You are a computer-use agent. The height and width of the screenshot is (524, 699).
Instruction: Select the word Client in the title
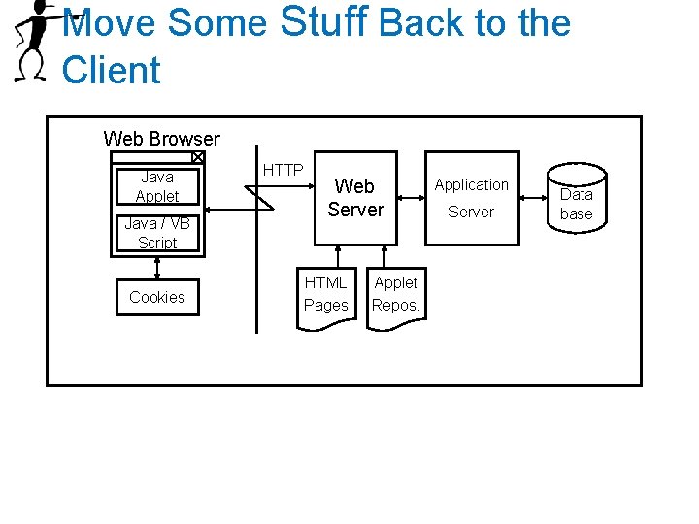[111, 70]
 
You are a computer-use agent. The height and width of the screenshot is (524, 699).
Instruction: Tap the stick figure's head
[42, 11]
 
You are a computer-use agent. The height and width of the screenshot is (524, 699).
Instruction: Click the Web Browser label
[161, 139]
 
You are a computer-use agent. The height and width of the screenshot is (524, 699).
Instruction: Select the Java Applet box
[156, 186]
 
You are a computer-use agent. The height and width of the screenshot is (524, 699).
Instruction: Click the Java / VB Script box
[156, 233]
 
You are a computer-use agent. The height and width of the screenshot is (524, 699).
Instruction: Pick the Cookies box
[156, 297]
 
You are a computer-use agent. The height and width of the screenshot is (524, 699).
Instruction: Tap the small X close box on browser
[197, 157]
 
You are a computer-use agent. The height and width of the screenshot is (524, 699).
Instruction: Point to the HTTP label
[283, 170]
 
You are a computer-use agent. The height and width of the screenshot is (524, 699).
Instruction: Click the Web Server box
[355, 198]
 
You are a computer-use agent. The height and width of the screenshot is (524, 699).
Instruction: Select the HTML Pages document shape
[326, 295]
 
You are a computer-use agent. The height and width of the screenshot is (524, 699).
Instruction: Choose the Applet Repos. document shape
[396, 295]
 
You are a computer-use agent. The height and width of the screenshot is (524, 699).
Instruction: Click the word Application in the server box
[471, 184]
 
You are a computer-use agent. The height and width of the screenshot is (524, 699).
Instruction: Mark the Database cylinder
[576, 202]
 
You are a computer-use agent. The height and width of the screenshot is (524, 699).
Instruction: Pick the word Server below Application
[471, 212]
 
